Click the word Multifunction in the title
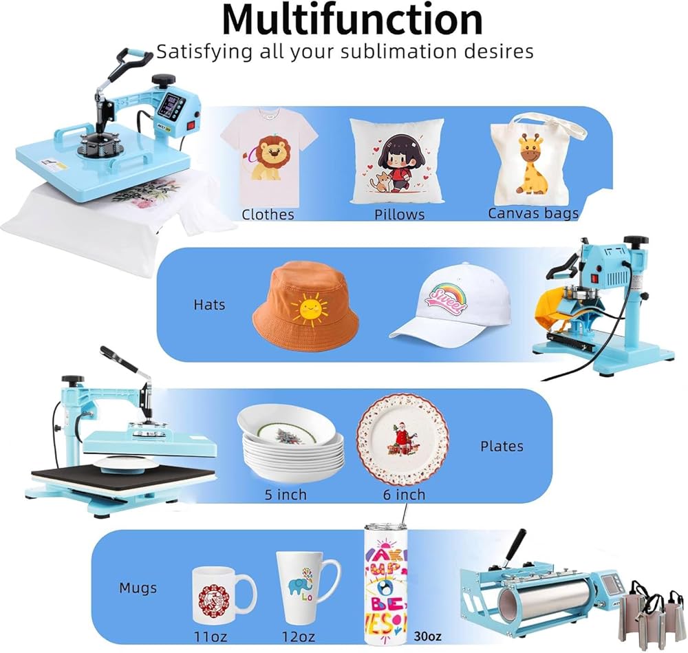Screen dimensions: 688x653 pos(352,20)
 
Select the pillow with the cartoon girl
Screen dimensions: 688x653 pos(397,161)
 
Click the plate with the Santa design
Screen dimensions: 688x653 pos(402,440)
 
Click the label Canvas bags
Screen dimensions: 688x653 pos(533,213)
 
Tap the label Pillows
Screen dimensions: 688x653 pos(399,215)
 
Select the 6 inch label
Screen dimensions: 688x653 pos(404,495)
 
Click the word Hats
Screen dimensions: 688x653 pos(209,303)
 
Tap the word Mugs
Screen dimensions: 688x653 pos(138,588)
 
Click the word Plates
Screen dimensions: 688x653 pos(502,446)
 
